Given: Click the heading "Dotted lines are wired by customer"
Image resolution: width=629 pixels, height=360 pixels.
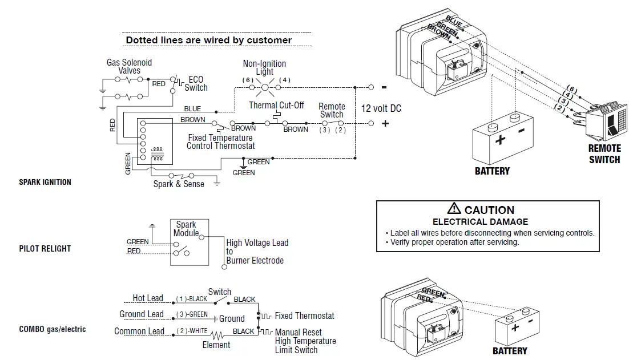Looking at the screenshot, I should [x=208, y=41].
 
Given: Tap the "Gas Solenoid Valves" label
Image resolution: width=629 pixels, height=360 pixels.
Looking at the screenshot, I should [x=129, y=67].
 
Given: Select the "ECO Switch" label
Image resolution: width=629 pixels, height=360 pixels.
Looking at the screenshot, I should [x=196, y=84].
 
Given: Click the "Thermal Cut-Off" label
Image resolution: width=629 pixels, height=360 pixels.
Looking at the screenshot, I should [x=276, y=106].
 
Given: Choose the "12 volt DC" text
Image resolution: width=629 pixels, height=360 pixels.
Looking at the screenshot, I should [x=381, y=108].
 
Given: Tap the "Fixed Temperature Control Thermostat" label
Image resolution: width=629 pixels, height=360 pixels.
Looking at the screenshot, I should [x=220, y=142].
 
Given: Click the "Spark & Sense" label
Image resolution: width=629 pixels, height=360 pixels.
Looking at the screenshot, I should [x=179, y=184].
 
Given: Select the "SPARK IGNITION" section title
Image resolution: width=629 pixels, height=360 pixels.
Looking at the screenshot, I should [x=45, y=183].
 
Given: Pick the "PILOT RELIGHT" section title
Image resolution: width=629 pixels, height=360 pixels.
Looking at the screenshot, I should [x=45, y=249].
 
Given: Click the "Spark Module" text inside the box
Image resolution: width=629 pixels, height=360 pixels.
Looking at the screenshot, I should [x=186, y=229].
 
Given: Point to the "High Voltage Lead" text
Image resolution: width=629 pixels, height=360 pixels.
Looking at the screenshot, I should [x=257, y=243].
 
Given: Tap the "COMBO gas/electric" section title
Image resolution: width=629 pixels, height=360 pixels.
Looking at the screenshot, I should [x=53, y=329].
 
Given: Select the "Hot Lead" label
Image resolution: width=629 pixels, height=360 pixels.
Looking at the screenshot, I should [x=147, y=298].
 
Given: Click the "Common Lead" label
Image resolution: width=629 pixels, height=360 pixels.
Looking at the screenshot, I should [x=139, y=331].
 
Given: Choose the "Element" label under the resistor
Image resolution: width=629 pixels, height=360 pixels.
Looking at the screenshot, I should [x=216, y=345].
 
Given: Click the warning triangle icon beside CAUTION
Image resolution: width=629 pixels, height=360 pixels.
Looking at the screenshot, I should [x=454, y=209].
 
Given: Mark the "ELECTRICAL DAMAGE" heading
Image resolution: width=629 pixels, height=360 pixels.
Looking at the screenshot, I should [x=480, y=222].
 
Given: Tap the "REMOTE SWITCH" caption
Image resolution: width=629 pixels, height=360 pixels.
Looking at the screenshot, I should [x=604, y=154].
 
